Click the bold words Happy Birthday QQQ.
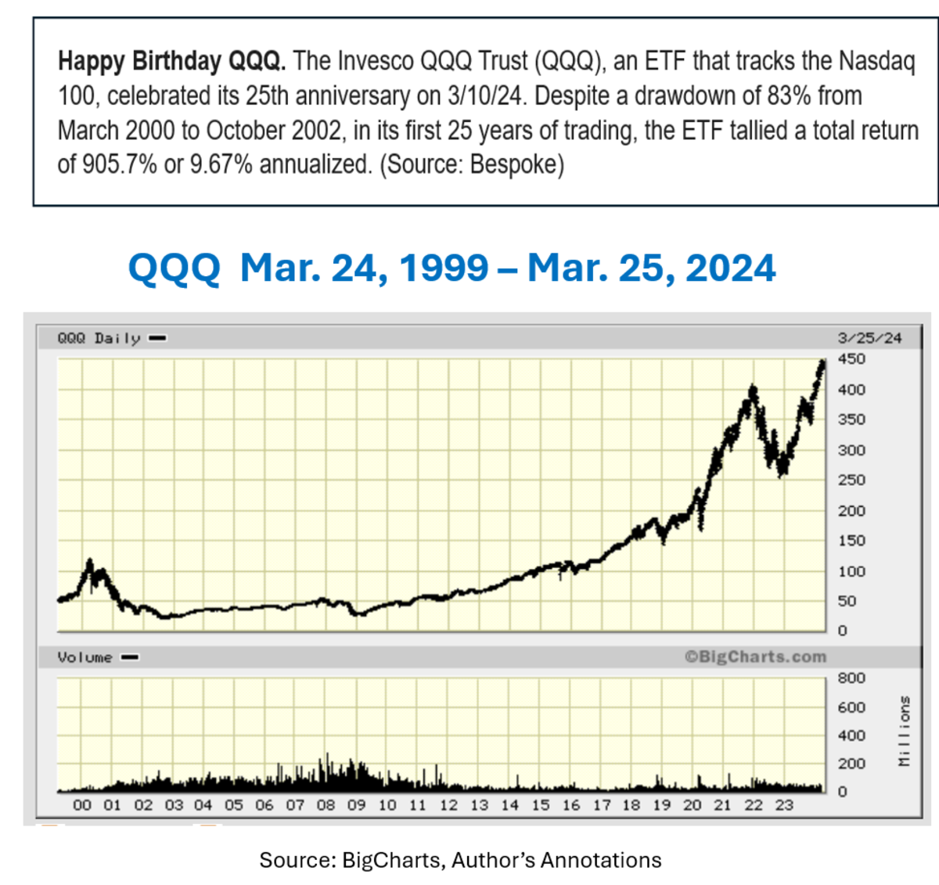pyautogui.click(x=171, y=61)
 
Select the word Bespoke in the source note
pyautogui.click(x=513, y=164)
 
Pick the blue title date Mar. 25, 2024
pyautogui.click(x=651, y=268)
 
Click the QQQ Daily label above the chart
pyautogui.click(x=99, y=338)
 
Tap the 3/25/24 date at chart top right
pyautogui.click(x=869, y=338)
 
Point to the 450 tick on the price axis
pyautogui.click(x=851, y=359)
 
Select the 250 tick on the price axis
pyautogui.click(x=851, y=480)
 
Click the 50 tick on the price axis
pyautogui.click(x=847, y=601)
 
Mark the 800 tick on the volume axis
pyautogui.click(x=851, y=678)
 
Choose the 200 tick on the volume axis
pyautogui.click(x=851, y=764)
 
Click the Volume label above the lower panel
pyautogui.click(x=85, y=657)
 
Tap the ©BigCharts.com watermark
pyautogui.click(x=755, y=657)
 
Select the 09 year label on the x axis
pyautogui.click(x=356, y=805)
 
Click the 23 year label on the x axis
pyautogui.click(x=784, y=805)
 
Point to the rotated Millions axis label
pyautogui.click(x=905, y=732)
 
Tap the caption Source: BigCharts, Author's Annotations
pyautogui.click(x=460, y=860)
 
